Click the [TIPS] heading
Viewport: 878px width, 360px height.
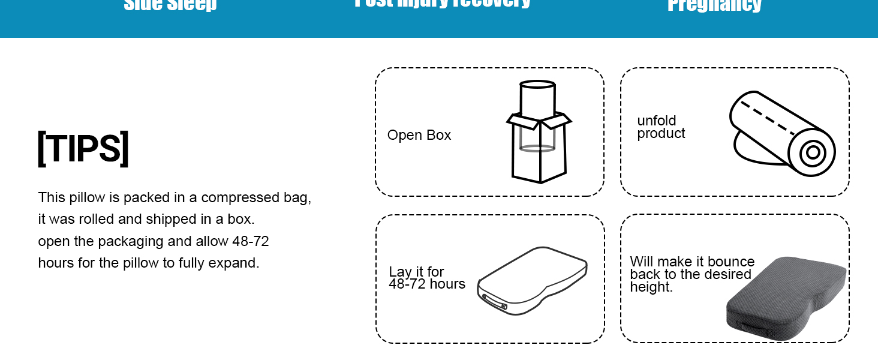click(x=83, y=148)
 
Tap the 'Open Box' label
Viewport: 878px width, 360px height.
click(x=419, y=136)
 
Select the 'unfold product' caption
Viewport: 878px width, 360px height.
click(x=661, y=127)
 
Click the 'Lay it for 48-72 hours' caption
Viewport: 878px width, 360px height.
click(x=426, y=278)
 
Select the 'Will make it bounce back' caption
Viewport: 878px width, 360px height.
click(x=691, y=274)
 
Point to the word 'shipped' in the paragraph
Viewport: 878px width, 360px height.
click(x=170, y=219)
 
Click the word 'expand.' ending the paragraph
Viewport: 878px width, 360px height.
click(x=234, y=263)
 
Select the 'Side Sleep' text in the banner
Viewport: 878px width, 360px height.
click(x=170, y=5)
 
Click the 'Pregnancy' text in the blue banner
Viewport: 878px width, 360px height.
click(x=714, y=5)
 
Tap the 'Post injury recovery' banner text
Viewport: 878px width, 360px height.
click(x=443, y=3)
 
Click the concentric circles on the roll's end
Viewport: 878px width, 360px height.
click(x=813, y=152)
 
